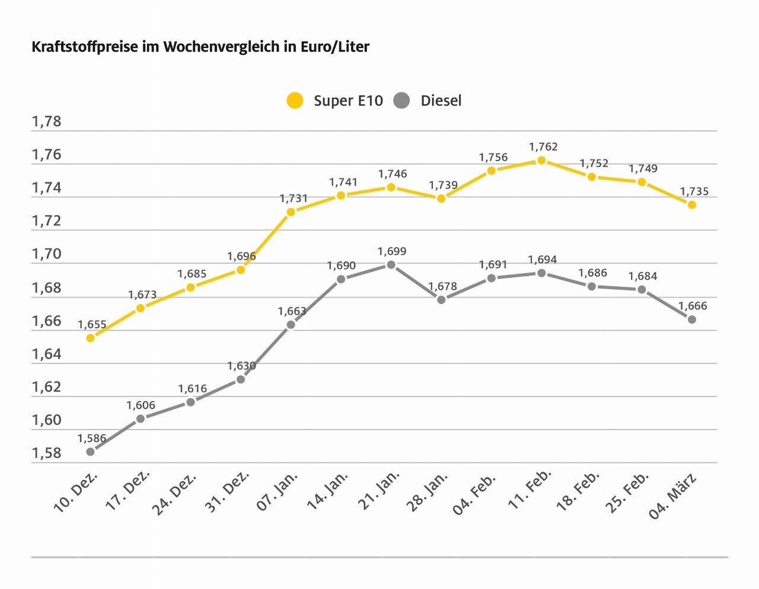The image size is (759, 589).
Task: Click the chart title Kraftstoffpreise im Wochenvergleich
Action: (x=200, y=47)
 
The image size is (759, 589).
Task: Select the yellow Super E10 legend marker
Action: (x=295, y=100)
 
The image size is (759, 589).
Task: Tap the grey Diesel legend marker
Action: (x=401, y=100)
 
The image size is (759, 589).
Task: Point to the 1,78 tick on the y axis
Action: (x=47, y=122)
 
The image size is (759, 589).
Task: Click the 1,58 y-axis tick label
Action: (x=47, y=453)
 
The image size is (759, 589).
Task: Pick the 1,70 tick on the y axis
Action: (x=47, y=254)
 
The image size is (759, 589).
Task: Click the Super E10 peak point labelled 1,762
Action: (x=541, y=161)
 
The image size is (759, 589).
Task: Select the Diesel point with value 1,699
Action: (x=391, y=265)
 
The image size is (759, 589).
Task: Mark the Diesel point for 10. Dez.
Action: (x=90, y=452)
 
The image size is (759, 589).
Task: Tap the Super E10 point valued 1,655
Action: (x=90, y=338)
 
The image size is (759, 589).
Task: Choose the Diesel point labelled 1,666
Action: (x=691, y=319)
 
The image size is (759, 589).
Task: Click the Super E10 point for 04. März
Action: (x=691, y=204)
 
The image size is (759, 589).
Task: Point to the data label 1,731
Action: (x=294, y=199)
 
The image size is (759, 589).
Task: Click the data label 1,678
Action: (x=443, y=287)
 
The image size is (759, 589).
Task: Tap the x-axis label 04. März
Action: (x=672, y=496)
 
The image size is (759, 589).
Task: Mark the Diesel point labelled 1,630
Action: (x=240, y=379)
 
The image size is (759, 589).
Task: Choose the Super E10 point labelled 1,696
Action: (x=240, y=270)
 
